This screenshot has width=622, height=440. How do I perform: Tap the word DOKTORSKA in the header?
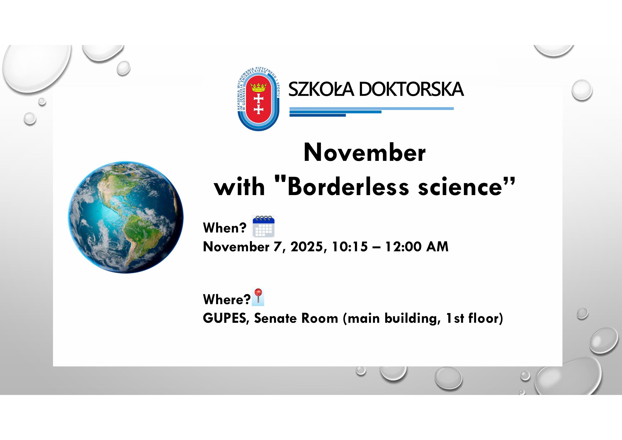(412, 89)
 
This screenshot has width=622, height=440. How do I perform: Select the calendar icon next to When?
(264, 226)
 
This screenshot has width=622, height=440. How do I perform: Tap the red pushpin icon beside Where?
(258, 297)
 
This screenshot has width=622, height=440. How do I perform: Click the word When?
(225, 228)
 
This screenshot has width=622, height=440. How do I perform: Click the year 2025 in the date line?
(307, 247)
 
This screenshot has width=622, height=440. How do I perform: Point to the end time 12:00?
(403, 247)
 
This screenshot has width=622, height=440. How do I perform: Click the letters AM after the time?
(437, 247)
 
